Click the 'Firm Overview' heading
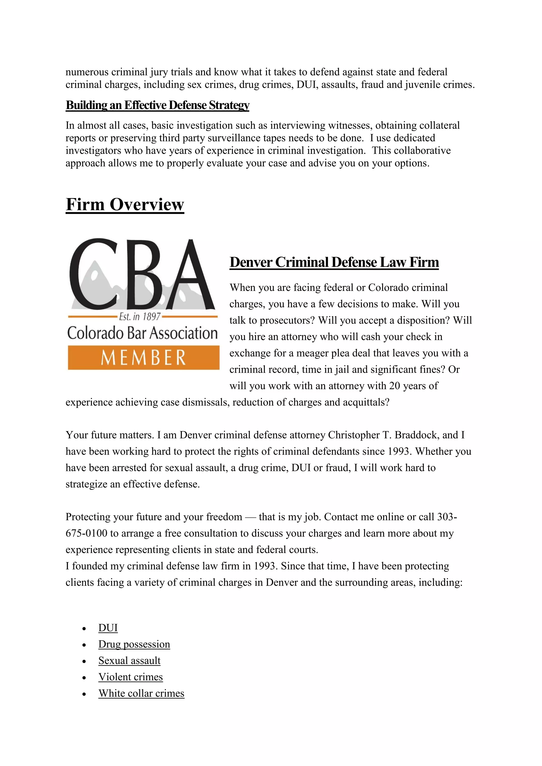click(125, 204)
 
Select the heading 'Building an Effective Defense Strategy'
click(157, 105)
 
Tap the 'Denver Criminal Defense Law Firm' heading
click(334, 262)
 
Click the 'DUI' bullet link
click(108, 628)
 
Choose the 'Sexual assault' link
click(129, 660)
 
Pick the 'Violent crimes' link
click(130, 677)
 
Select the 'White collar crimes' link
click(141, 693)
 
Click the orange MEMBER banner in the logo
click(143, 358)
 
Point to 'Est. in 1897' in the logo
click(140, 316)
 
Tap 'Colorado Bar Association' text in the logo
click(142, 333)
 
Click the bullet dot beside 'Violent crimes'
click(84, 678)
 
